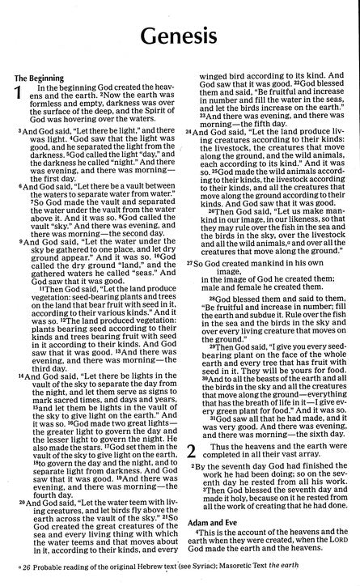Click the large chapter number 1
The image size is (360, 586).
point(21,98)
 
